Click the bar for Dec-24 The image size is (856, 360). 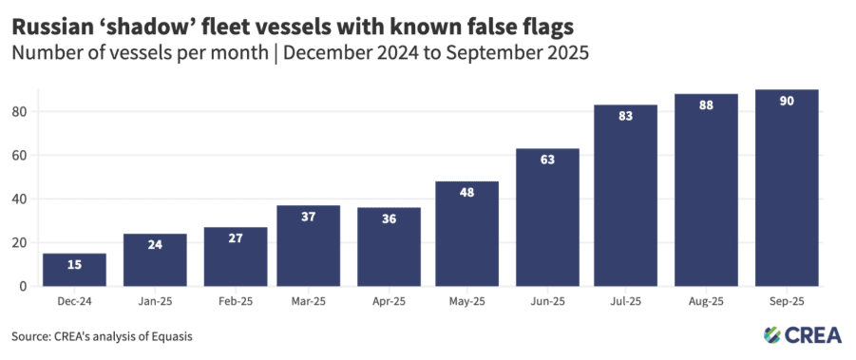click(x=74, y=270)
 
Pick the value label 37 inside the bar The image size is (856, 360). click(x=309, y=218)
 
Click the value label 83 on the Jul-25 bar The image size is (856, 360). click(x=625, y=117)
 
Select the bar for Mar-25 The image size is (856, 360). click(x=309, y=246)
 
